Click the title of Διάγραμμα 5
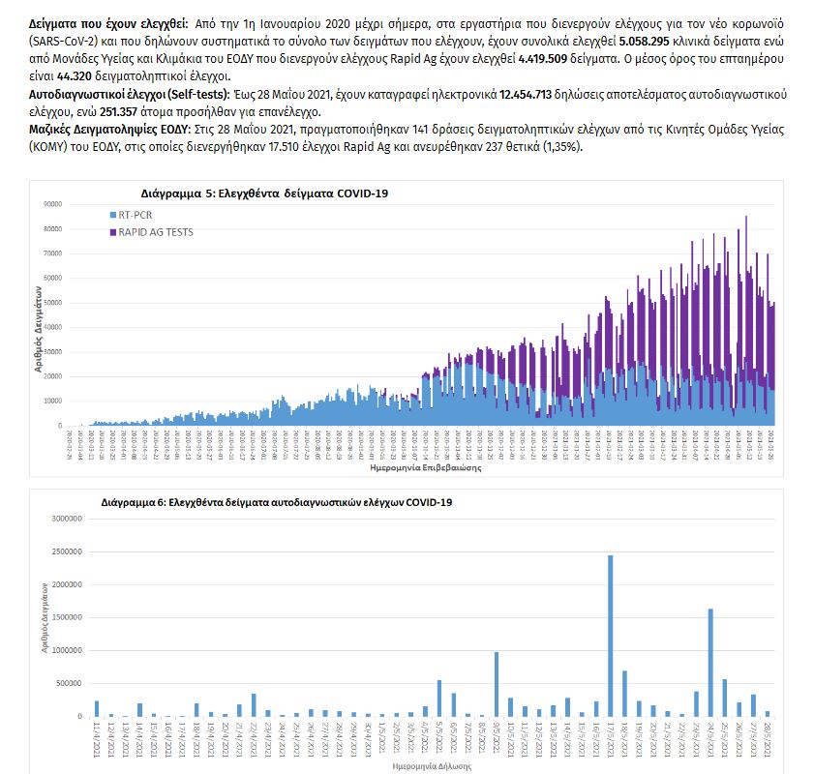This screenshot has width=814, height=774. (x=263, y=193)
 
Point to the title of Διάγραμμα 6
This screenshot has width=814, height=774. (x=276, y=503)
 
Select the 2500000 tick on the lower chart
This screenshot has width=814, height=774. (x=66, y=551)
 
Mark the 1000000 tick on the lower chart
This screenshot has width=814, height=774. (x=66, y=650)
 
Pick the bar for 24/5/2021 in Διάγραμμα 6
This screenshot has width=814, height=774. (x=710, y=663)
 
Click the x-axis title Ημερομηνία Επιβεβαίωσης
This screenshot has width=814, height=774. (x=406, y=466)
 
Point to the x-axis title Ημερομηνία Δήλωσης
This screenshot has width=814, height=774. (x=433, y=764)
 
